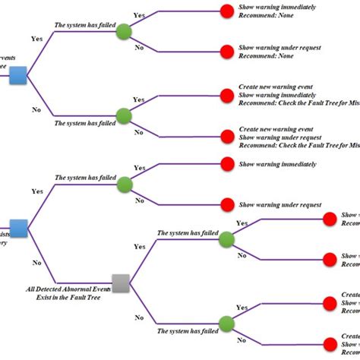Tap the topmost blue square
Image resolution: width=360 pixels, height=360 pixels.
coord(19,75)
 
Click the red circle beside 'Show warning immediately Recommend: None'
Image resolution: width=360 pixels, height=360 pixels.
coord(226,11)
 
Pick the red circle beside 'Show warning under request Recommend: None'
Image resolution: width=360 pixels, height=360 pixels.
coord(226,52)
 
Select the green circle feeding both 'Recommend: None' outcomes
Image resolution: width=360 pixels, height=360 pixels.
coord(125,32)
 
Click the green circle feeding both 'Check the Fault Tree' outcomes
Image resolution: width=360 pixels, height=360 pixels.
coord(125,116)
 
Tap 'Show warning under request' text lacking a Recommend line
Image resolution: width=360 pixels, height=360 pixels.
coord(280,205)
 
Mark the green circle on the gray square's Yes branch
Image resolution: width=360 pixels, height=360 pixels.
coord(226,239)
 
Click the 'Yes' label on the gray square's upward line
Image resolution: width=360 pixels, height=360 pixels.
coord(140,247)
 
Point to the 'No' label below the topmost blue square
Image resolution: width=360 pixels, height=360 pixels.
coord(36,109)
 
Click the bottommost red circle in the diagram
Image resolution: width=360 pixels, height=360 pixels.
coord(329,346)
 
